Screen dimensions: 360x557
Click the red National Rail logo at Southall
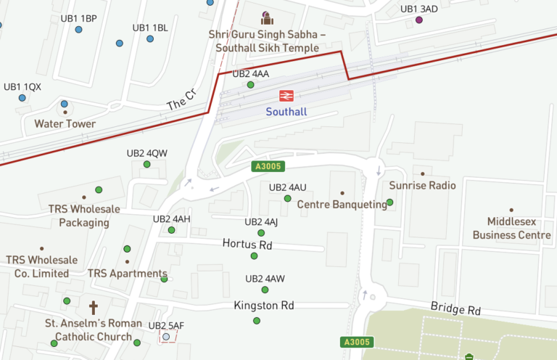pos(286,95)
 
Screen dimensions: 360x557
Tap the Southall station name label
pos(286,112)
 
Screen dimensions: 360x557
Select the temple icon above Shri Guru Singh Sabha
pos(267,17)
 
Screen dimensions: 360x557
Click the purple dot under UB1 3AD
pos(418,20)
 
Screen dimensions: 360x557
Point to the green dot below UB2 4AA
pos(250,85)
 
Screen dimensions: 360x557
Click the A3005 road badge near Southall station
pos(267,166)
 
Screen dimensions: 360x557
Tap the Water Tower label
pos(65,124)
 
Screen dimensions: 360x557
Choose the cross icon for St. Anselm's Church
pos(93,307)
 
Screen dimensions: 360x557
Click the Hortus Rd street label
pos(247,245)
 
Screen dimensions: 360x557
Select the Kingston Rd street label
pos(264,306)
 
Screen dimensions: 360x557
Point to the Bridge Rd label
pos(455,309)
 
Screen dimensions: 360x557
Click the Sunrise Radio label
pos(422,186)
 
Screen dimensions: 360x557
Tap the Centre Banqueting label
pos(342,205)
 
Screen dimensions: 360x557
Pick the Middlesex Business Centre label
pos(511,229)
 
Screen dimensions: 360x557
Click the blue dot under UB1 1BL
pos(150,38)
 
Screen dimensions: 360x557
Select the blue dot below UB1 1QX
pos(22,97)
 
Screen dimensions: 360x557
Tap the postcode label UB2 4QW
pos(147,153)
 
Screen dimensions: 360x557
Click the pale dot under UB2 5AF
pos(166,337)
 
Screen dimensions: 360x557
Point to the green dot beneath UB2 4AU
pos(287,198)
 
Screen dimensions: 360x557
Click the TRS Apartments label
pos(128,274)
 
